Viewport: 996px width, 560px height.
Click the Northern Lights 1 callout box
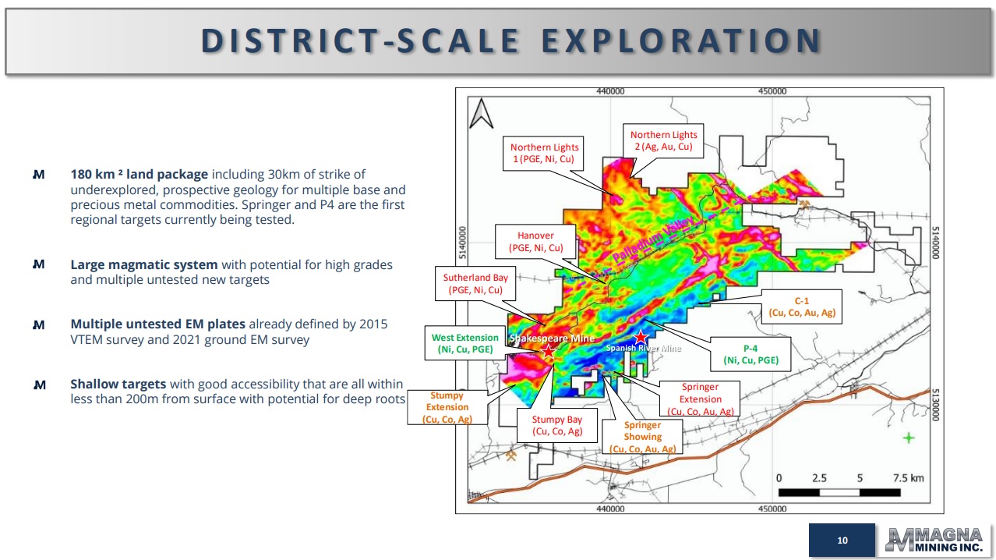(543, 153)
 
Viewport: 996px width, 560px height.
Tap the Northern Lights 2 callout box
(663, 140)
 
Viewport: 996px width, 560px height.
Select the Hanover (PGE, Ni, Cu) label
(535, 242)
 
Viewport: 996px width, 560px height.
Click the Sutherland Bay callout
(475, 284)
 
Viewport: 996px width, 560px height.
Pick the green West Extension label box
(465, 343)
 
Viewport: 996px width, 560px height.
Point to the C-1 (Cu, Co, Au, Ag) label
(802, 307)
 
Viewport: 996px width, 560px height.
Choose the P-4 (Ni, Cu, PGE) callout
(751, 354)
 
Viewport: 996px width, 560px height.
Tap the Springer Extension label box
(700, 399)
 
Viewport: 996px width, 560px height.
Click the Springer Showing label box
(642, 437)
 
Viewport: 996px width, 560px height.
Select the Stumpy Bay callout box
(557, 425)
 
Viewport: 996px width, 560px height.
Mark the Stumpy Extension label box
(447, 407)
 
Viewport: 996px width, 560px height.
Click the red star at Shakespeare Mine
(549, 352)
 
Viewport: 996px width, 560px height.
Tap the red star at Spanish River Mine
(641, 338)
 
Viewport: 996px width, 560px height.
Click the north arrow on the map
(481, 114)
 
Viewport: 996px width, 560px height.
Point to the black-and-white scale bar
(839, 492)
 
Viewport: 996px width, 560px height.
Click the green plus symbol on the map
(909, 438)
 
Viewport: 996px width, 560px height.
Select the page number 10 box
(842, 541)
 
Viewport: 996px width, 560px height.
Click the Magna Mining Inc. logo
(934, 540)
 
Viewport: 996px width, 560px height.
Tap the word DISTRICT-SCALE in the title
(360, 41)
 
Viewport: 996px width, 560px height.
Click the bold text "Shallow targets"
(118, 384)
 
